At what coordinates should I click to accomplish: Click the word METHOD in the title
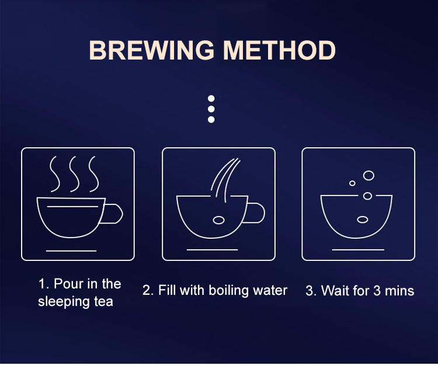[x=279, y=50]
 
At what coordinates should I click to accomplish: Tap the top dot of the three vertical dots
[x=211, y=98]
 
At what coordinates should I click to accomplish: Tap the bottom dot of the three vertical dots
[x=211, y=120]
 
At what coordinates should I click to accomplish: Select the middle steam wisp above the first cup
[x=74, y=174]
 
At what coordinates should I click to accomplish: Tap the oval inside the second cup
[x=219, y=220]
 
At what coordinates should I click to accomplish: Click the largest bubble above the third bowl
[x=369, y=175]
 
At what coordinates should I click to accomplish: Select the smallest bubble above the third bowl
[x=352, y=183]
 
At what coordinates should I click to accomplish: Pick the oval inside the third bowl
[x=363, y=220]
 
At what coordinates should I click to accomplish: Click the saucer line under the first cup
[x=71, y=251]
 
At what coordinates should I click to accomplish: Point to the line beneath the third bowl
[x=358, y=250]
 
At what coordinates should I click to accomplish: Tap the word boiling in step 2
[x=228, y=291]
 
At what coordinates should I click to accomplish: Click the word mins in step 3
[x=399, y=291]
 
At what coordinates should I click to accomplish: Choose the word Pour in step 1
[x=68, y=284]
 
